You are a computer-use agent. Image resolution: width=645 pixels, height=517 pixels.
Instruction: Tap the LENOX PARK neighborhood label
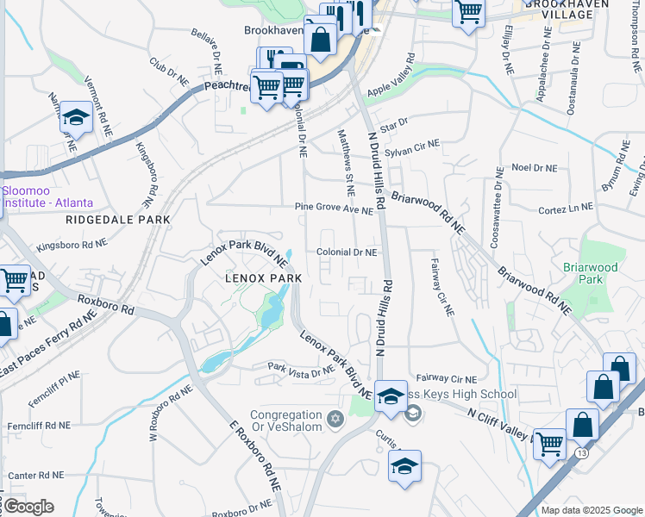pos(263,278)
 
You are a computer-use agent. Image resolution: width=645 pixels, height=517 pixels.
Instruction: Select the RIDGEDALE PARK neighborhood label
pos(117,220)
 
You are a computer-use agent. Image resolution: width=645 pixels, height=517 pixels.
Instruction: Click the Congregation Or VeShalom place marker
pos(335,420)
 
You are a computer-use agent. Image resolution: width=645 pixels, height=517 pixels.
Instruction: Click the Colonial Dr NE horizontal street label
pos(347,252)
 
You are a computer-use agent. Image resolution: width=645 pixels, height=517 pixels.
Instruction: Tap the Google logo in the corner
pos(28,507)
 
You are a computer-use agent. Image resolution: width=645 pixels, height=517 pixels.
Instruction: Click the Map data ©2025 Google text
pos(591,510)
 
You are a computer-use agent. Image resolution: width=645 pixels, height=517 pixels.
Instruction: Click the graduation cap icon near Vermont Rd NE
pos(76,119)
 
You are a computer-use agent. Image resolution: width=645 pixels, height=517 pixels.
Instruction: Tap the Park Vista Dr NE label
pos(300,371)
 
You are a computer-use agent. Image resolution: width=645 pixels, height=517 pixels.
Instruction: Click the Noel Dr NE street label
pos(535,167)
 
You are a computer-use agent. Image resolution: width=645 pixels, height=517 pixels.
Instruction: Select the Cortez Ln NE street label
pos(566,208)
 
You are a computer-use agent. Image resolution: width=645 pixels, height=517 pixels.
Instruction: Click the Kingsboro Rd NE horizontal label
pos(72,246)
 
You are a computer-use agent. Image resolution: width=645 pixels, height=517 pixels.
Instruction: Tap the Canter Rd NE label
pos(36,475)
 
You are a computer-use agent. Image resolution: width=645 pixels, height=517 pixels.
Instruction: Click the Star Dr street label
pos(393,126)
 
